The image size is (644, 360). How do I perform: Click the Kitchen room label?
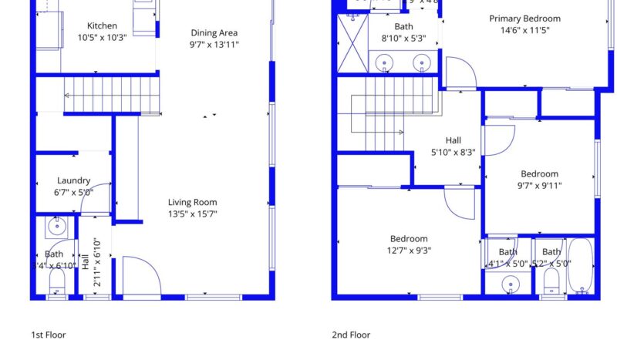pyautogui.click(x=102, y=26)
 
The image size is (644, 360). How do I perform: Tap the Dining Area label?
pyautogui.click(x=214, y=33)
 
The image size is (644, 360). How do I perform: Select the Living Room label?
pyautogui.click(x=192, y=203)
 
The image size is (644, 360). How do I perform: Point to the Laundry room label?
pyautogui.click(x=73, y=181)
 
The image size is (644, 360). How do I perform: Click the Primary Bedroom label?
pyautogui.click(x=524, y=19)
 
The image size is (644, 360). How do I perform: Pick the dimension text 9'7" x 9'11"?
pyautogui.click(x=538, y=185)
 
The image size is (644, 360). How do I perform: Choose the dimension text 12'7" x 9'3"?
pyautogui.click(x=408, y=250)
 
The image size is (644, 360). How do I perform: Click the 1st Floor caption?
pyautogui.click(x=48, y=335)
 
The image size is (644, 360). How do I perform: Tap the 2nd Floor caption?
pyautogui.click(x=351, y=335)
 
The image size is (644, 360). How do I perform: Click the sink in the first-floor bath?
pyautogui.click(x=56, y=227)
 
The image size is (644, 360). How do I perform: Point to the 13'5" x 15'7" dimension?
pyautogui.click(x=192, y=214)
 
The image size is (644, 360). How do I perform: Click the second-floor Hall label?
pyautogui.click(x=453, y=141)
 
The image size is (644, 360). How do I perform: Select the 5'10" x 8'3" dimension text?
pyautogui.click(x=453, y=152)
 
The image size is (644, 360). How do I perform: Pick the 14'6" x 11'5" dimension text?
pyautogui.click(x=524, y=32)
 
